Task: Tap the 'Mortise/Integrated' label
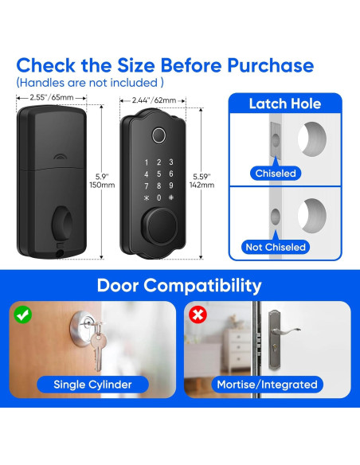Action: [x=267, y=385]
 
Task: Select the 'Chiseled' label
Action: [x=276, y=173]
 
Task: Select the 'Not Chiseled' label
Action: [x=276, y=247]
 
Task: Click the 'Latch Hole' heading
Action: [x=285, y=104]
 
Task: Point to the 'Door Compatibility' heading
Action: [x=179, y=285]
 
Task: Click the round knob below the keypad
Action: [x=159, y=219]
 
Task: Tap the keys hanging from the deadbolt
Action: [x=98, y=350]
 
